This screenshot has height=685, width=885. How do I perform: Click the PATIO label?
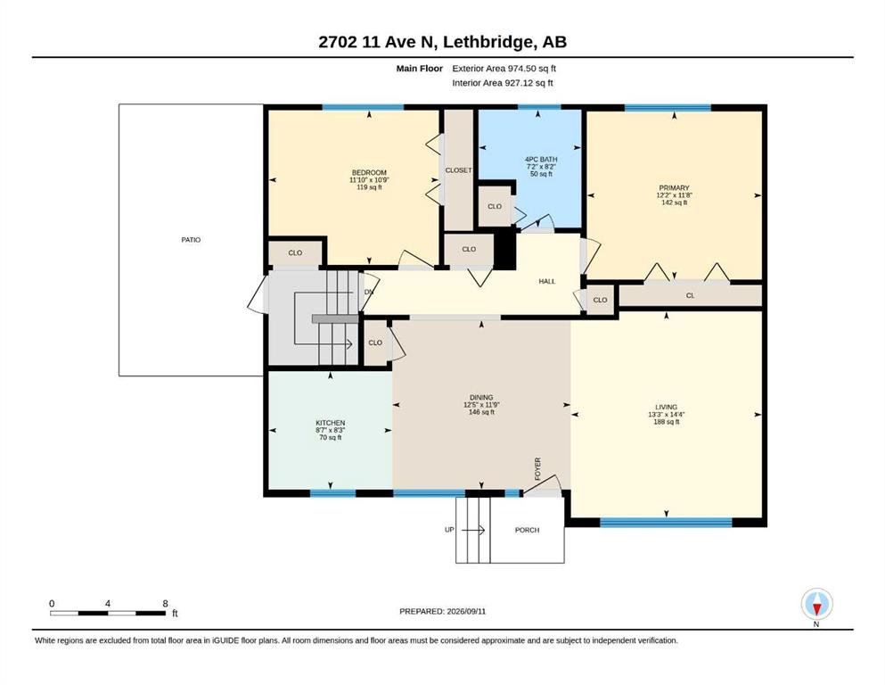[x=191, y=240]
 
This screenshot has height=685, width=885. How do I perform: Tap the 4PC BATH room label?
[x=541, y=160]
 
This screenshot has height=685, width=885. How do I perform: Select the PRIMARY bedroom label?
[x=674, y=188]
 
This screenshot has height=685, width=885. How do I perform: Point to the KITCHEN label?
[x=330, y=423]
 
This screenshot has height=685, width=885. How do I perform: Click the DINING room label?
[x=481, y=398]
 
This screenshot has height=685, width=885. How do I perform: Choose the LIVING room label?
[x=666, y=407]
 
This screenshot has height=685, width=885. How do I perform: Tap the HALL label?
[x=547, y=281]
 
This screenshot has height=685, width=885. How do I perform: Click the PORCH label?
[x=527, y=531]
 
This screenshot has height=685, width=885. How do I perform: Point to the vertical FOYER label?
[x=538, y=469]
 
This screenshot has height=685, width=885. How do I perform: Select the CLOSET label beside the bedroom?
[x=458, y=170]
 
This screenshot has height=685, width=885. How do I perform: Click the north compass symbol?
[x=816, y=604]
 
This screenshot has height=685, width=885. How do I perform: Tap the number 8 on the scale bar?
[x=166, y=604]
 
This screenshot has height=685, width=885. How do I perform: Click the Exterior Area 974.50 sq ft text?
[x=504, y=69]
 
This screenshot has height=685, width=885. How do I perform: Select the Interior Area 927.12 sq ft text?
[x=503, y=83]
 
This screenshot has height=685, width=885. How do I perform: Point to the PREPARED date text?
[x=442, y=611]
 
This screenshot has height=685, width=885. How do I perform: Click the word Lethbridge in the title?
[x=488, y=42]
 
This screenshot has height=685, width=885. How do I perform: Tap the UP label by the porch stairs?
[x=449, y=530]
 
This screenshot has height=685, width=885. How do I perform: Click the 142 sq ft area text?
[x=674, y=202]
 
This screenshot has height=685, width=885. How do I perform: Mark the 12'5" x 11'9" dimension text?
[x=481, y=405]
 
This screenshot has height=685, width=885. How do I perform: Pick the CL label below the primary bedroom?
[x=691, y=295]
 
